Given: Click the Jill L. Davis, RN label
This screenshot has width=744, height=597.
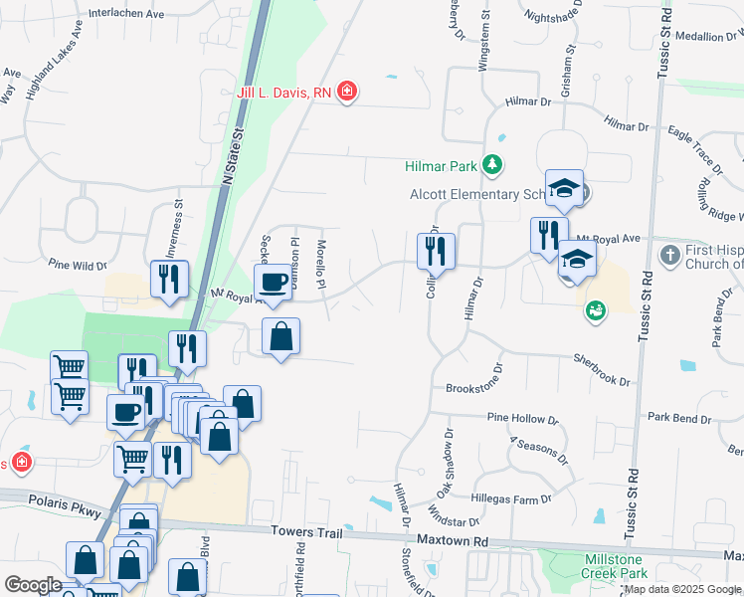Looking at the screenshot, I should click(283, 93).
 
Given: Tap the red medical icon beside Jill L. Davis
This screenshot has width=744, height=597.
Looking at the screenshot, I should click(347, 93).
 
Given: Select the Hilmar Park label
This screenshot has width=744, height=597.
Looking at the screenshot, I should click(441, 165).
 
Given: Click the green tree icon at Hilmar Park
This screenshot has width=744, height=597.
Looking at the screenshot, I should click(491, 164).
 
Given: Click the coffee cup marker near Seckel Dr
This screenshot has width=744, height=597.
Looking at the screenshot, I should click(275, 282).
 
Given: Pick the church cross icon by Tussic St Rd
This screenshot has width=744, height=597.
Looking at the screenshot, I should click(669, 255).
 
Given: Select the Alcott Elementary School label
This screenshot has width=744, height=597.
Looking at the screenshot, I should click(479, 195).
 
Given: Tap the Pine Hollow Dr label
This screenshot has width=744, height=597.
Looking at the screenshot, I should click(522, 420).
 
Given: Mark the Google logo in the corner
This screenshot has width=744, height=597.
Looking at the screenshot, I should click(33, 585).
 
